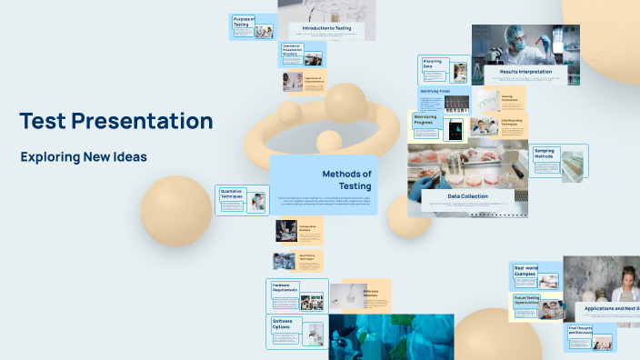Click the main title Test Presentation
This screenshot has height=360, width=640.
[116, 121]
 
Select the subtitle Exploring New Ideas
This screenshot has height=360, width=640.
[84, 157]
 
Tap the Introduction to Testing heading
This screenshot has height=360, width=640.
[326, 28]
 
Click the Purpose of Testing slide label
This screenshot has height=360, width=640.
[244, 21]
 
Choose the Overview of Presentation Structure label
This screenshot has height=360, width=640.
[291, 49]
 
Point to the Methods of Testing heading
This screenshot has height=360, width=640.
[345, 180]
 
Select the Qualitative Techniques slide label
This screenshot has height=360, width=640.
[231, 194]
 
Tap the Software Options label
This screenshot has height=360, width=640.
[282, 324]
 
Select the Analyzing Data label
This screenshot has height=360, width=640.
[433, 64]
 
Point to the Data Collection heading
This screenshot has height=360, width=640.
[467, 196]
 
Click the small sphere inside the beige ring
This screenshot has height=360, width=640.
[328, 141]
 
